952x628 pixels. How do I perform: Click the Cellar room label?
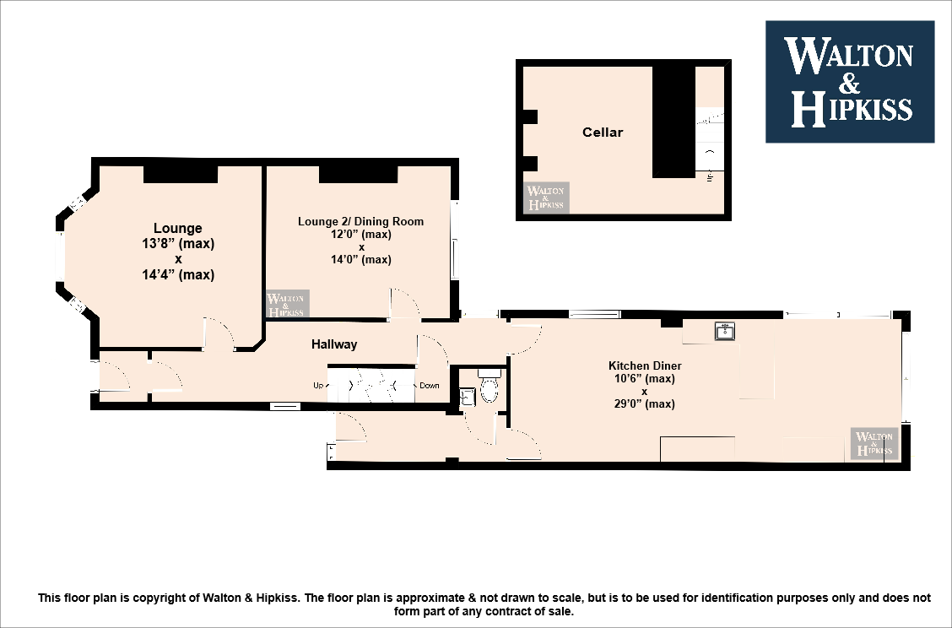(x=603, y=133)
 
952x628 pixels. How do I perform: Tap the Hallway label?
(x=334, y=344)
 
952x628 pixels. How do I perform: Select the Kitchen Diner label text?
(x=645, y=366)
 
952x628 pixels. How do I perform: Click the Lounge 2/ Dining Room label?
(x=360, y=222)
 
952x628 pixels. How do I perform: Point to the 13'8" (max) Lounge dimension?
(x=178, y=244)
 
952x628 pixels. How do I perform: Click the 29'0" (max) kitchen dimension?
(x=645, y=404)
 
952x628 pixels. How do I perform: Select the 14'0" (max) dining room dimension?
(x=360, y=260)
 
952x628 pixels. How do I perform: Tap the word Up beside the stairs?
(x=319, y=386)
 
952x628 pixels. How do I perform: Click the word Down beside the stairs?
(x=430, y=386)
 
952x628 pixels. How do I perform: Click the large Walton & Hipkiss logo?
(x=849, y=82)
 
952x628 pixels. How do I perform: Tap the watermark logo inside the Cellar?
(x=546, y=198)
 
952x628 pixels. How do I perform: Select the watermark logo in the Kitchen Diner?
(x=874, y=443)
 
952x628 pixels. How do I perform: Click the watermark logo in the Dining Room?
(x=287, y=305)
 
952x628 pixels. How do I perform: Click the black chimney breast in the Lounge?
(x=181, y=174)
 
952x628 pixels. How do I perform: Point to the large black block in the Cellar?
(x=673, y=122)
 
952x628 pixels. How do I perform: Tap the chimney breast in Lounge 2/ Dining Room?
(x=358, y=174)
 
